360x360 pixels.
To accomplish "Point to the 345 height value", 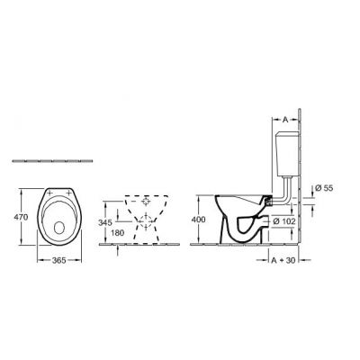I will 105,220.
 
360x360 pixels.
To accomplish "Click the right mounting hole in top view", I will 71,193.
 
